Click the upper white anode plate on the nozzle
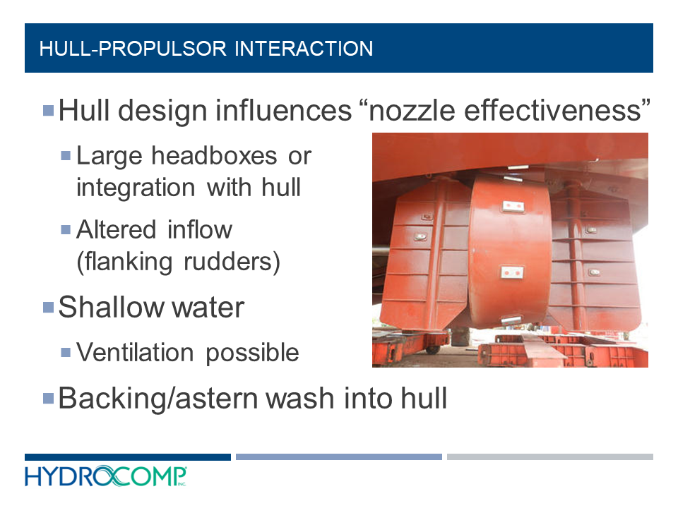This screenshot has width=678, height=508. pyautogui.click(x=511, y=206)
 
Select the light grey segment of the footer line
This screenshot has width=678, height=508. pyautogui.click(x=549, y=457)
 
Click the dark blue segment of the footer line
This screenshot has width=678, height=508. pyautogui.click(x=127, y=457)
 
